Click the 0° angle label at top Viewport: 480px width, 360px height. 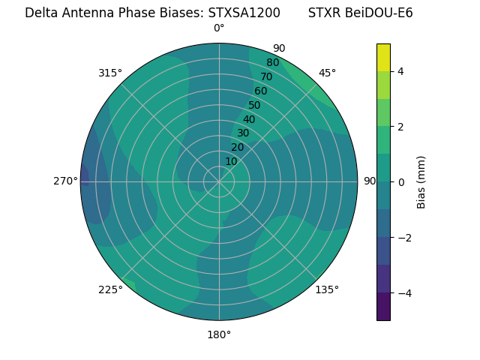(x=219, y=28)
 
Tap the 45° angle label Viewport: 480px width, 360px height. (x=327, y=73)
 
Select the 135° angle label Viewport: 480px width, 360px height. (x=327, y=289)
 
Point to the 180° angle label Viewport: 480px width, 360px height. (x=219, y=334)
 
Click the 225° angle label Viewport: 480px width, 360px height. (x=110, y=290)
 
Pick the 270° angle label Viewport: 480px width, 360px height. (x=66, y=181)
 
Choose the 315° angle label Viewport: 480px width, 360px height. (x=110, y=73)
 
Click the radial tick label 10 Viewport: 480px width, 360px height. (x=231, y=161)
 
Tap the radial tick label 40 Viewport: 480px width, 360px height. (x=249, y=120)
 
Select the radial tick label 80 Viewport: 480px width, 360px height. (x=272, y=63)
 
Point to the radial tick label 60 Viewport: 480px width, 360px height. (x=260, y=91)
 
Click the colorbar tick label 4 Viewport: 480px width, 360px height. (x=400, y=71)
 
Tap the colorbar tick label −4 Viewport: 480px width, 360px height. (x=403, y=293)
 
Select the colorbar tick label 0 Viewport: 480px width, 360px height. (x=400, y=182)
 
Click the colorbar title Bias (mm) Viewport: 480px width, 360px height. (x=421, y=182)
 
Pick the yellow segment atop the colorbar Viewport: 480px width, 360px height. (x=383, y=57)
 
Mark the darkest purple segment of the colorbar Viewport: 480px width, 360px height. (x=383, y=307)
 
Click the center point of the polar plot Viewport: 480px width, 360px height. (x=219, y=181)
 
